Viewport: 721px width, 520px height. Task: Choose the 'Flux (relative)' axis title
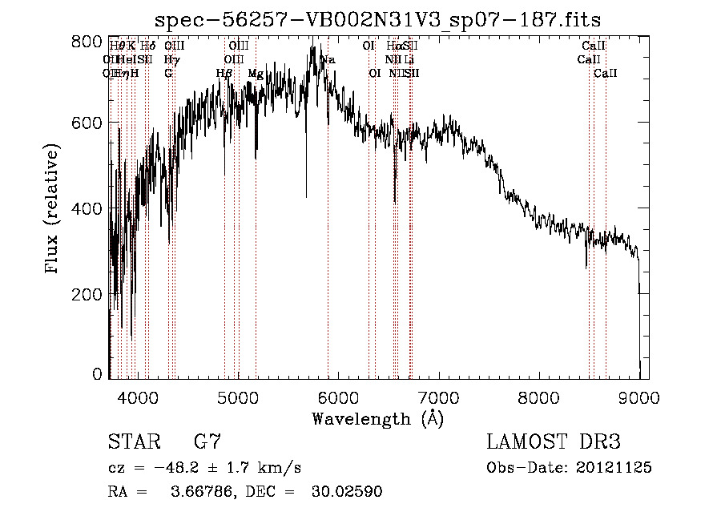[53, 209]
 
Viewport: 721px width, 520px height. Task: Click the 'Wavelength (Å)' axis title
[377, 418]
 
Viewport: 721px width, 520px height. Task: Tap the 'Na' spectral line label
[328, 59]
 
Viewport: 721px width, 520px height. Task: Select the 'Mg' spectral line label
[256, 73]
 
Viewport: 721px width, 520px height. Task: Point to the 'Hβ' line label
[225, 73]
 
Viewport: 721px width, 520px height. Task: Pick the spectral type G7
[207, 441]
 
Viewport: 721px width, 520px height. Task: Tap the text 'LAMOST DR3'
[553, 441]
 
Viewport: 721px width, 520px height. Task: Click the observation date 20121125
[613, 467]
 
